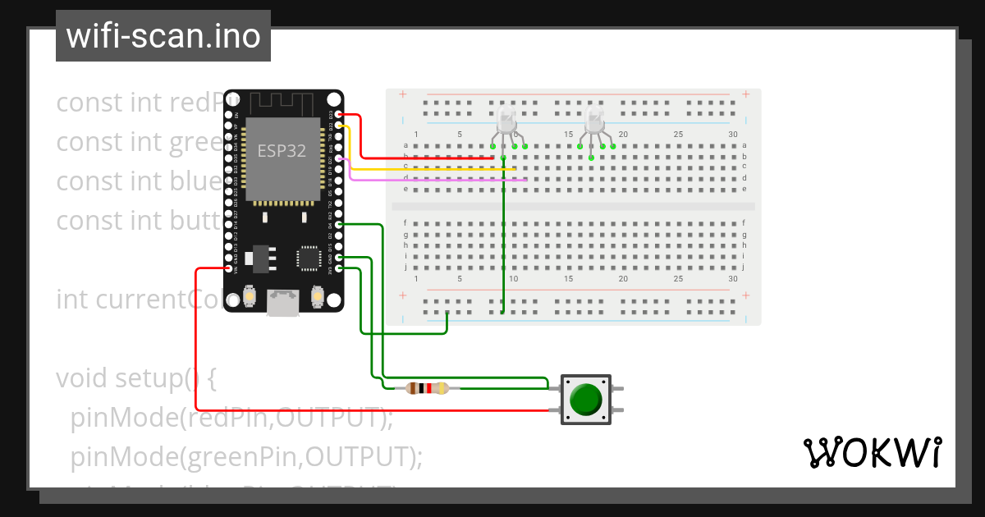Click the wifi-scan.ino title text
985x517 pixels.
(163, 36)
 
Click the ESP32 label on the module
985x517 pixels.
(282, 151)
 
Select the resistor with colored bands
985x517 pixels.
(427, 388)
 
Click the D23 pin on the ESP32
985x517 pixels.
(339, 116)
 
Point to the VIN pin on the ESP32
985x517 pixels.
(228, 268)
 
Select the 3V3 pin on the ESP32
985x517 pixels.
(339, 268)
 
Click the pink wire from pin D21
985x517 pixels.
(435, 178)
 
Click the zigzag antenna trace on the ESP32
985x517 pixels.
(283, 103)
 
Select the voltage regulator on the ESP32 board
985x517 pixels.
(262, 257)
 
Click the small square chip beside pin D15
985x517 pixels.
(309, 258)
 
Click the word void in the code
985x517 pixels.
(81, 378)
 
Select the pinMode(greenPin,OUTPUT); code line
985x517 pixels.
(246, 455)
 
